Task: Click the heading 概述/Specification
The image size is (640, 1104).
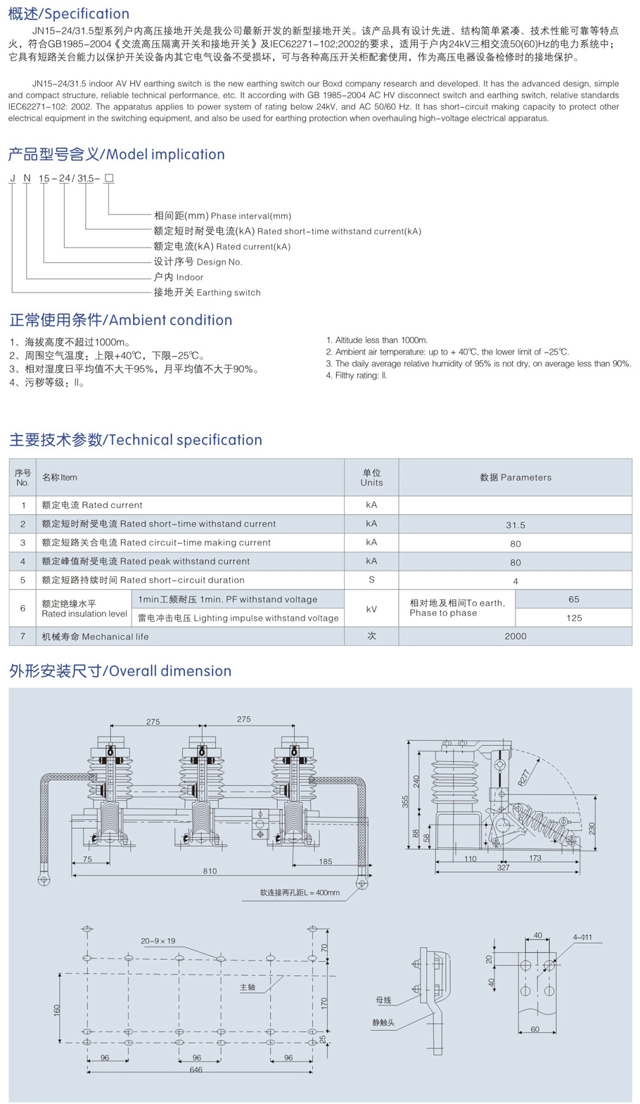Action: [69, 13]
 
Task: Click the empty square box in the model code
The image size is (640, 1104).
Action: [109, 179]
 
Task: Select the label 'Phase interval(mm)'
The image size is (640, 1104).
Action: [250, 216]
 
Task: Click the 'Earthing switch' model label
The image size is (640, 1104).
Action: [228, 293]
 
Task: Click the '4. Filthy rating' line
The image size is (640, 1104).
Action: [357, 376]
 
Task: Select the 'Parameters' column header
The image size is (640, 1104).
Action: [516, 478]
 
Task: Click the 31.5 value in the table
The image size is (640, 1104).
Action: [516, 525]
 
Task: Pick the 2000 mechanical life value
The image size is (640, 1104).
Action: [516, 636]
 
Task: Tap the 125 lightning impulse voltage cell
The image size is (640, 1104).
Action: [574, 618]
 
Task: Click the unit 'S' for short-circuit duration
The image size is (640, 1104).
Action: [371, 580]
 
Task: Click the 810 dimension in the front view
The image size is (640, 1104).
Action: [210, 871]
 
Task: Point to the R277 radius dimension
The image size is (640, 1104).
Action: [524, 777]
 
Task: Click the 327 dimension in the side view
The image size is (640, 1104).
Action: [504, 868]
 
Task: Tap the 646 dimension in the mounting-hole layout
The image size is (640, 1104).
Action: [196, 1070]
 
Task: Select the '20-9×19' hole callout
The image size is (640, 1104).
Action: [158, 941]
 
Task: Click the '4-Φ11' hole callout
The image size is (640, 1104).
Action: [582, 937]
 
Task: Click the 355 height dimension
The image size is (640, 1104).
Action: [405, 801]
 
